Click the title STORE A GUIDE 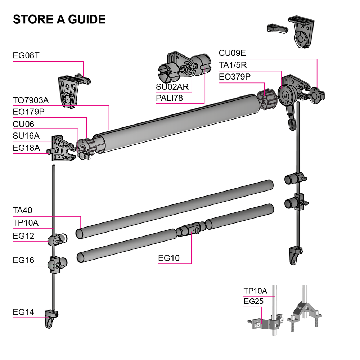click(59, 19)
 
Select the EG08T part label click(26, 56)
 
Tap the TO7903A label click(31, 100)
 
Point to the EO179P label click(28, 112)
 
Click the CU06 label click(23, 124)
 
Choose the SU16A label click(26, 136)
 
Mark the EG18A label click(26, 148)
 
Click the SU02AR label click(172, 86)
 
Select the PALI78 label click(169, 98)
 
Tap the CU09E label click(232, 53)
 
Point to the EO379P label click(235, 77)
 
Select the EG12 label click(23, 236)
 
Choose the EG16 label click(23, 260)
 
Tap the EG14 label click(23, 312)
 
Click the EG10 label click(169, 258)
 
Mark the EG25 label click(253, 302)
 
